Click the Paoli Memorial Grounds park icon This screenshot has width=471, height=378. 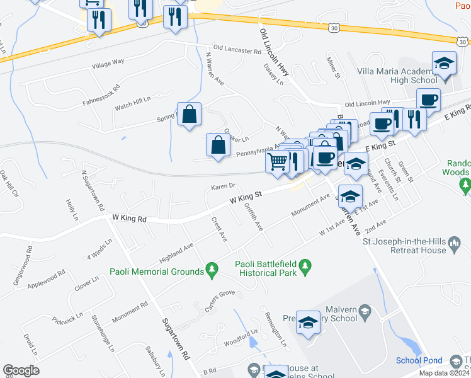(212, 270)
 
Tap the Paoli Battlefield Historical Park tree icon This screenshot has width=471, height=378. (306, 267)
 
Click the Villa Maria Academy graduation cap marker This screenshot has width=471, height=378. (444, 64)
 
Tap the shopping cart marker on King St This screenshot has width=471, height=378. (278, 162)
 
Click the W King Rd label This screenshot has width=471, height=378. (129, 219)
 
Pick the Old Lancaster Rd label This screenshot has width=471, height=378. (237, 49)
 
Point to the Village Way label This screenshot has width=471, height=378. (108, 64)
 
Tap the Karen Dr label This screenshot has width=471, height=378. (223, 186)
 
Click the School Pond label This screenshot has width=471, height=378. (419, 360)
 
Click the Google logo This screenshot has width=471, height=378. (21, 370)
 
